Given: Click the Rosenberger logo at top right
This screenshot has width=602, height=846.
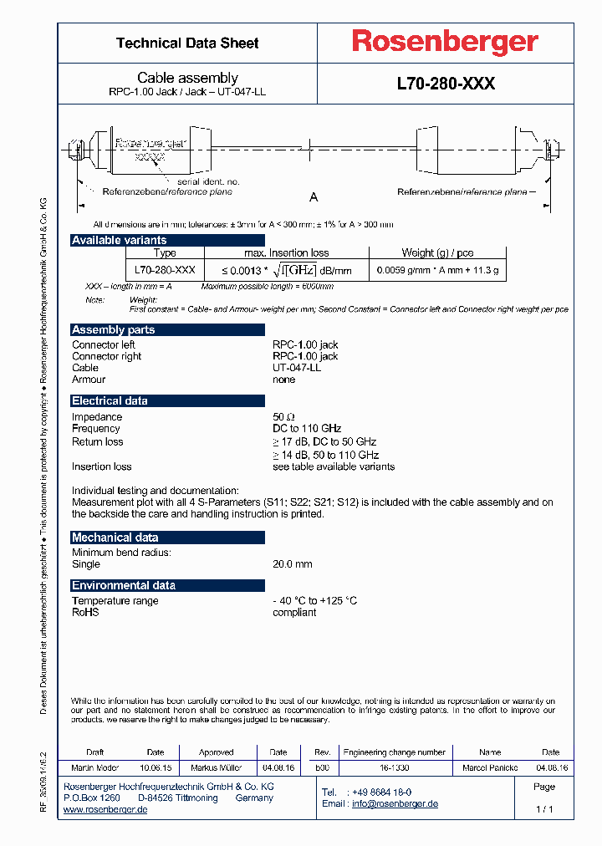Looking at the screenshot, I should click(444, 43).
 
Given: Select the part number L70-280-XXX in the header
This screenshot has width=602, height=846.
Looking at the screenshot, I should click(446, 84).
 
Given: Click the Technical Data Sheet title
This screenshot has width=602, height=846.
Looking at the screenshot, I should click(187, 43).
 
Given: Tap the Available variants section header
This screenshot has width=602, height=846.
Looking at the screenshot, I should click(120, 241).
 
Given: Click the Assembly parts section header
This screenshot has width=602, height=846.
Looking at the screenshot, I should click(114, 330).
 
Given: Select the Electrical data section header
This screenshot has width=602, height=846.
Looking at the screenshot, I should click(110, 401).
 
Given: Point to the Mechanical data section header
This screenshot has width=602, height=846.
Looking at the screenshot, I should click(115, 538).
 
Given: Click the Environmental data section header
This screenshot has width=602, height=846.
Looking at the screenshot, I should click(123, 585).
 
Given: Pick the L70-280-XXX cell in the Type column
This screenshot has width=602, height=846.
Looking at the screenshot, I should click(165, 270).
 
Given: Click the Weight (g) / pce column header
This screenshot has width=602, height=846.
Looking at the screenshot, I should click(437, 253).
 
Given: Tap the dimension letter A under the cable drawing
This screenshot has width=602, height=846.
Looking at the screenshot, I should click(314, 197).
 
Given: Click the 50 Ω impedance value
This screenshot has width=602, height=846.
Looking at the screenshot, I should click(284, 417).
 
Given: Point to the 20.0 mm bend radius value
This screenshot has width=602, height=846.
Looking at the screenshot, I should click(292, 564).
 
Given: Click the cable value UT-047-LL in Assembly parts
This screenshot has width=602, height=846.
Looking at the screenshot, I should click(297, 368).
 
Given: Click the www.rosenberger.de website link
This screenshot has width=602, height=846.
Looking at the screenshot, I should click(105, 810).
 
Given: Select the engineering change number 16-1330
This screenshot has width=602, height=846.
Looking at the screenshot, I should click(394, 767).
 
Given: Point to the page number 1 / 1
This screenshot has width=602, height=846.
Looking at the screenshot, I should click(543, 809).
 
